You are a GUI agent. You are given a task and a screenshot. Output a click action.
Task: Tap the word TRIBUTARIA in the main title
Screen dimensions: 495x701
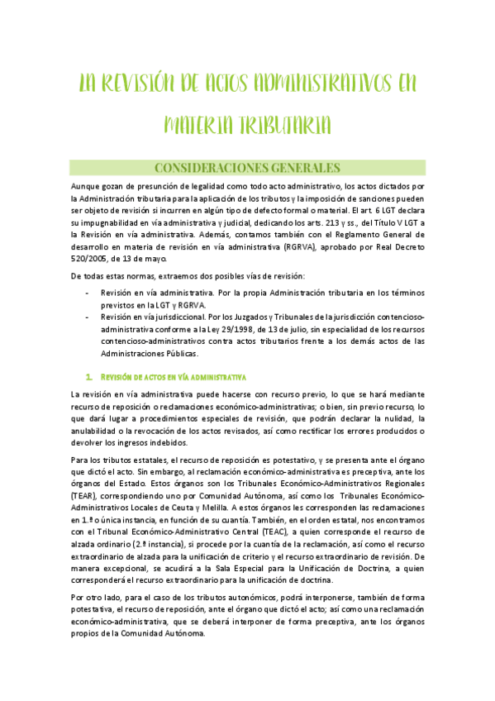(285, 125)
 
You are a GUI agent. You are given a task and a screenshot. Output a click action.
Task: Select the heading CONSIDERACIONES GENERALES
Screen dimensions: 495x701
(246, 167)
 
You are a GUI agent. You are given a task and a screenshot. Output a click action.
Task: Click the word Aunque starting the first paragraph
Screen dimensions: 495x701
(86, 187)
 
